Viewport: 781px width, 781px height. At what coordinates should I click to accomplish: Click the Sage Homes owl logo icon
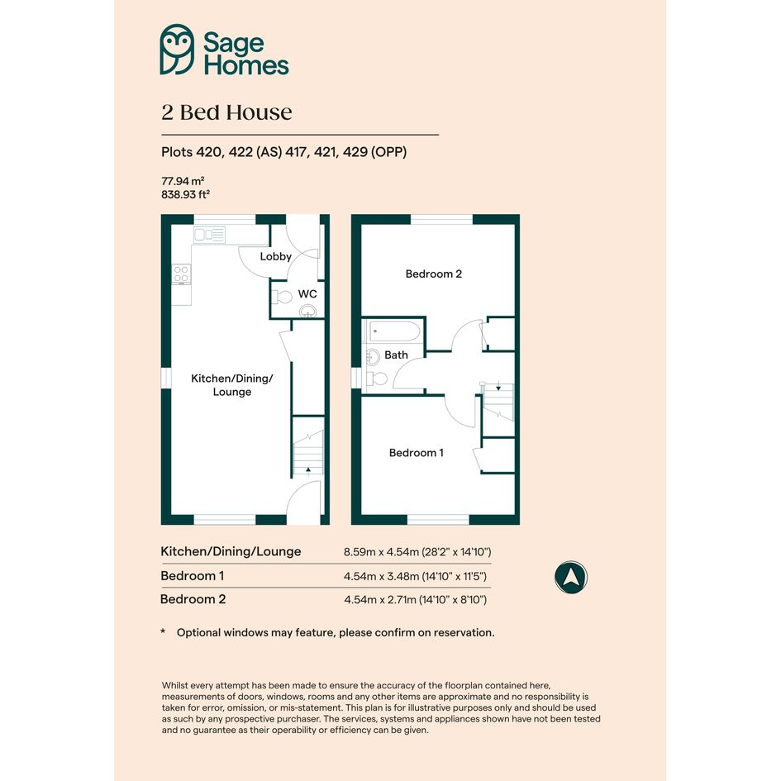[x=177, y=50]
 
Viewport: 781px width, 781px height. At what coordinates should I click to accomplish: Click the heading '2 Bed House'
[x=226, y=112]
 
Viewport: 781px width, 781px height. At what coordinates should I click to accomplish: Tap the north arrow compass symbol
[x=571, y=578]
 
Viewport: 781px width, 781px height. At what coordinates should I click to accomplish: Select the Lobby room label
[x=275, y=256]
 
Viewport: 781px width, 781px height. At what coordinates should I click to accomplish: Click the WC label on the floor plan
[x=307, y=294]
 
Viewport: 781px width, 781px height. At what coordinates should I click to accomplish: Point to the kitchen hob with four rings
[x=181, y=274]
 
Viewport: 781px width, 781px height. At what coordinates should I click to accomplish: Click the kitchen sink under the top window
[x=210, y=235]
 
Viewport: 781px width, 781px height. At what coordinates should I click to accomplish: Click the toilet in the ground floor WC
[x=282, y=297]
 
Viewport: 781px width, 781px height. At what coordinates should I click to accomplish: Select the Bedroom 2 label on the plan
[x=433, y=274]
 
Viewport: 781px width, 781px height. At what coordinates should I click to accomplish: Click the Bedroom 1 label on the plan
[x=416, y=453]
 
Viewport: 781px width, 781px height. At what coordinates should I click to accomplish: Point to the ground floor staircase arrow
[x=307, y=469]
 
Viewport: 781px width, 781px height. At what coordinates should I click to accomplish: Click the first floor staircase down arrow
[x=498, y=387]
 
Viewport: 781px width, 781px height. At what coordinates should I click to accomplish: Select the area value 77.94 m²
[x=183, y=181]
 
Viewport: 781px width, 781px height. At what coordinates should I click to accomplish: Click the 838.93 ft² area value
[x=185, y=194]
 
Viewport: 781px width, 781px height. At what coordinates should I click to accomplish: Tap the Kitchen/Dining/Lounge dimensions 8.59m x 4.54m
[x=381, y=552]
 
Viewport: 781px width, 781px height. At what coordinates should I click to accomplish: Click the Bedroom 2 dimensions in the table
[x=415, y=600]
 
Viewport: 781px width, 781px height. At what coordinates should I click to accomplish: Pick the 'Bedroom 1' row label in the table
[x=193, y=576]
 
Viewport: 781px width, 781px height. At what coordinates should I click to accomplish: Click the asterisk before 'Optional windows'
[x=163, y=631]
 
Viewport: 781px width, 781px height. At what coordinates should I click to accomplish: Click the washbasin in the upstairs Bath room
[x=372, y=357]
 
